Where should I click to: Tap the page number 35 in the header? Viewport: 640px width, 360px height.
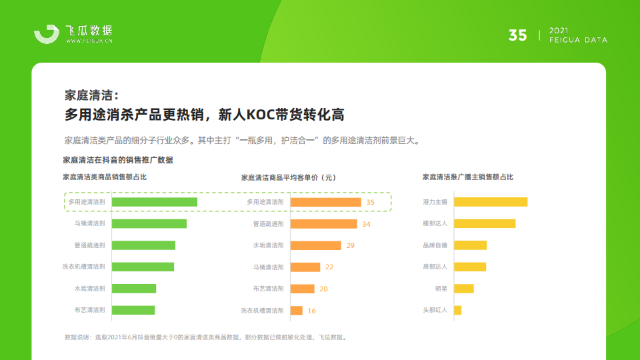click(517, 35)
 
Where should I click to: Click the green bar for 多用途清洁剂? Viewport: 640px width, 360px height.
click(154, 202)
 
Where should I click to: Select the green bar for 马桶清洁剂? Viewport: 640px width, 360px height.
click(149, 224)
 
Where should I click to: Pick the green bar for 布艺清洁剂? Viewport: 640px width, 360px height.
click(133, 310)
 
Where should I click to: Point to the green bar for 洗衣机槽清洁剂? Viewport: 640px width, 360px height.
click(143, 267)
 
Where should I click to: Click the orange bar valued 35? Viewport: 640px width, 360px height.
click(326, 202)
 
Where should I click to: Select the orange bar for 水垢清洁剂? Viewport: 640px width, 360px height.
click(315, 245)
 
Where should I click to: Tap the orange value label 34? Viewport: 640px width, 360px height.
click(366, 224)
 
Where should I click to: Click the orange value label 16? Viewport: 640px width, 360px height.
click(311, 311)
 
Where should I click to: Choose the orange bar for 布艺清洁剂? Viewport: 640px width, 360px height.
click(303, 289)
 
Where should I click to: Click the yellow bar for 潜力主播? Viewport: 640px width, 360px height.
click(491, 202)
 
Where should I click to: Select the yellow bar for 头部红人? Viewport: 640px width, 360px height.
click(457, 310)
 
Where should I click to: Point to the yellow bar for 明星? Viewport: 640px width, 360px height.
click(464, 289)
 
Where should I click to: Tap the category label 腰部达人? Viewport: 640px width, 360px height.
click(435, 223)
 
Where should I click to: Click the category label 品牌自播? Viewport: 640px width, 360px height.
click(435, 245)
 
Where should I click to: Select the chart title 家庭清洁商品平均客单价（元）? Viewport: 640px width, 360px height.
click(289, 177)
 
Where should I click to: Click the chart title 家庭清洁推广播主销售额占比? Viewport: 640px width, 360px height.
click(468, 177)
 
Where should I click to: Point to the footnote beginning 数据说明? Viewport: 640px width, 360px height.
click(206, 337)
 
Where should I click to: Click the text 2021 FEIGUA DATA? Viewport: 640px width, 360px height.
click(578, 35)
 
